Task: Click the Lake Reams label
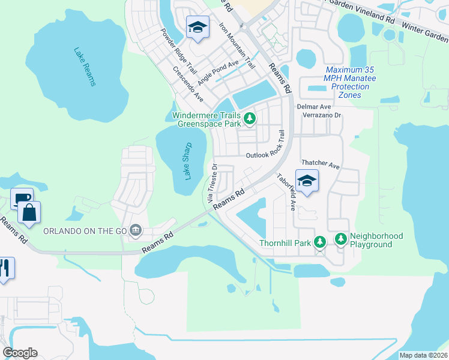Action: tap(85, 67)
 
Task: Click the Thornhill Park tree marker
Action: tap(321, 242)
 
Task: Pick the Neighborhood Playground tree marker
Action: tap(340, 239)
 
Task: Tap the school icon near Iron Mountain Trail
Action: tap(197, 27)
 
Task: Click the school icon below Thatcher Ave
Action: tap(307, 181)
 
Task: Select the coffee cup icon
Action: tap(22, 198)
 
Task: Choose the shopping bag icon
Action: tap(28, 212)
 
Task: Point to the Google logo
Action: tap(20, 353)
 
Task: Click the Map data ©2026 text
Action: tap(424, 355)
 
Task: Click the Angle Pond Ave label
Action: tap(218, 71)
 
